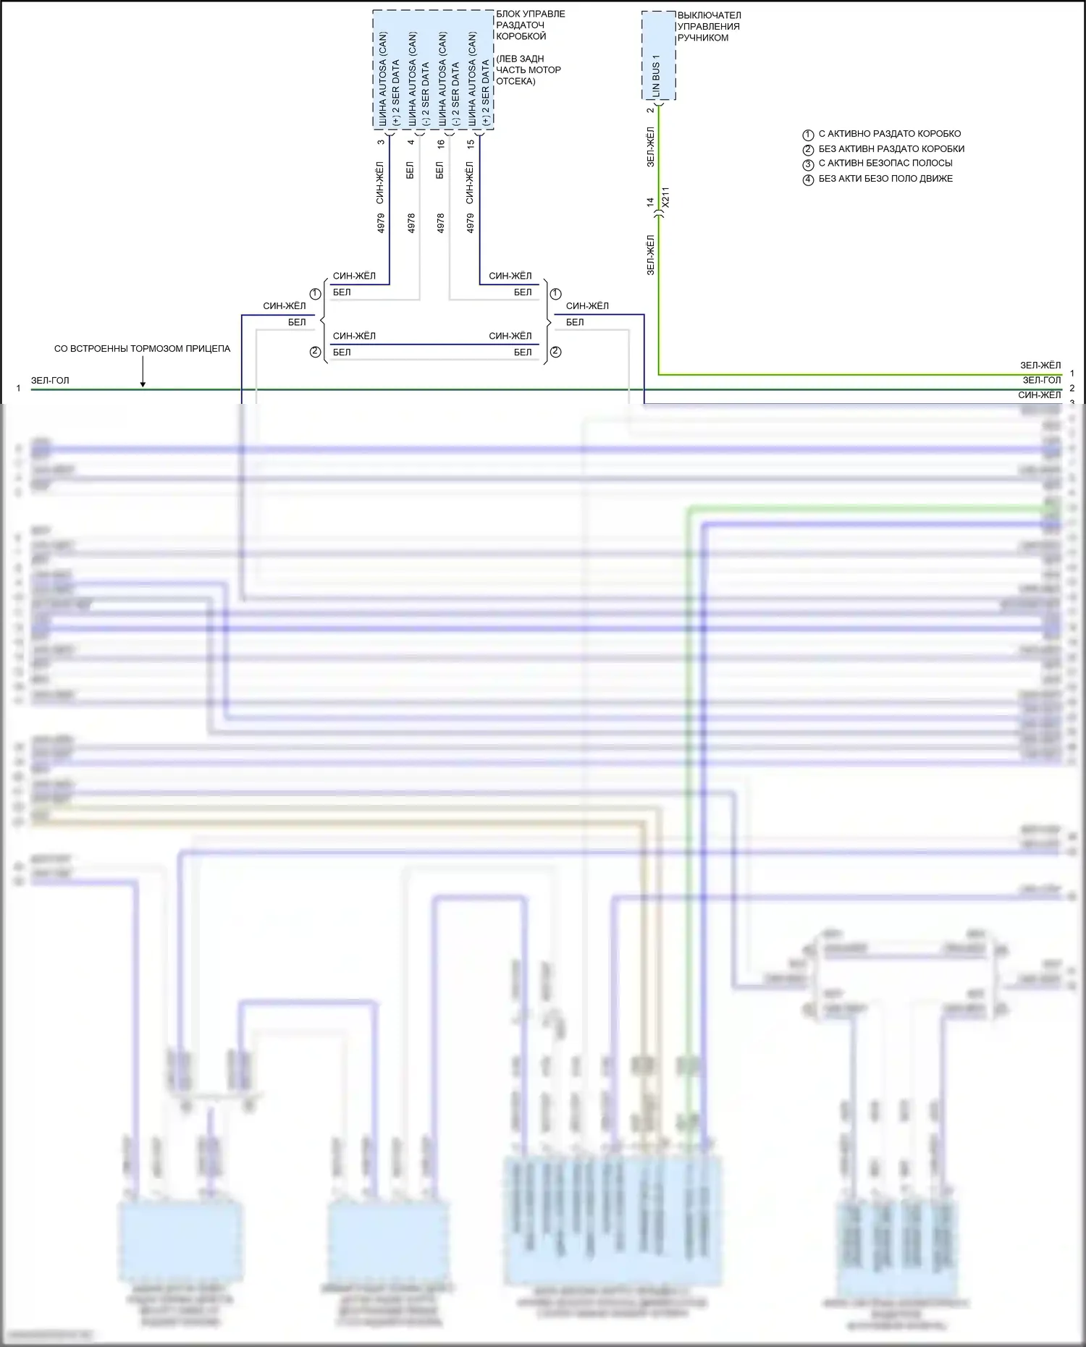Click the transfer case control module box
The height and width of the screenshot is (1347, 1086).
(433, 69)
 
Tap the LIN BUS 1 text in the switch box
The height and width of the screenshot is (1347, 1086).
(656, 75)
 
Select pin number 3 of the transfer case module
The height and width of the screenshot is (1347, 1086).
(381, 142)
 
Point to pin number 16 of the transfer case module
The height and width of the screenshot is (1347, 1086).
(440, 144)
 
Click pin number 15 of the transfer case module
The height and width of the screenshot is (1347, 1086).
(471, 144)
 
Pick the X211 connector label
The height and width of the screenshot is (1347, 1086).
(666, 197)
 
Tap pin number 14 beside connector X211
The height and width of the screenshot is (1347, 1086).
(650, 203)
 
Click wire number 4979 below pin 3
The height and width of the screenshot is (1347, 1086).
(381, 223)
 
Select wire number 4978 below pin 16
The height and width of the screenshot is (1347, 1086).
(440, 223)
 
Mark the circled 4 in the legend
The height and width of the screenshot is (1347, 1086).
(809, 180)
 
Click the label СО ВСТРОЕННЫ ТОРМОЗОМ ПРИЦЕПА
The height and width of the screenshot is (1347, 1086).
(142, 349)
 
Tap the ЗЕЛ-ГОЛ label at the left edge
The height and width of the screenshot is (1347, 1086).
(50, 381)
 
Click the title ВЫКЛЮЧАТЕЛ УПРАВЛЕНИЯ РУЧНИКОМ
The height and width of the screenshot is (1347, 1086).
(709, 27)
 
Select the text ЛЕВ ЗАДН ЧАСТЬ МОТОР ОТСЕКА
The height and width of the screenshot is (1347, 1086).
(529, 70)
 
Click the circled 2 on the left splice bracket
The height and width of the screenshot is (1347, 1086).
(315, 352)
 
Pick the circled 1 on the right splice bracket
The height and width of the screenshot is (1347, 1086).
(555, 294)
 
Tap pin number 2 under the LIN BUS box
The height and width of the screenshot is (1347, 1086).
(650, 110)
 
